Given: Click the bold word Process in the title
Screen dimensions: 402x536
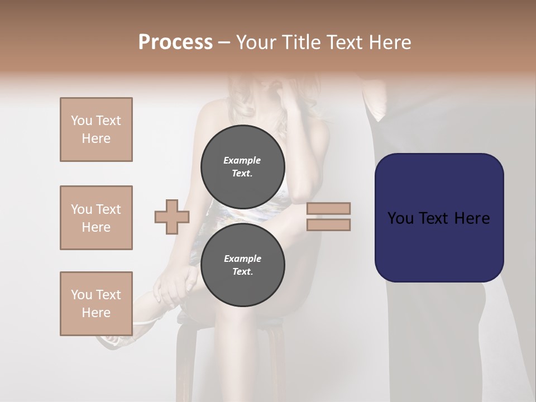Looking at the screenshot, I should [175, 42].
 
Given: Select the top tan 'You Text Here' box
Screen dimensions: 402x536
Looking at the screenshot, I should [96, 130].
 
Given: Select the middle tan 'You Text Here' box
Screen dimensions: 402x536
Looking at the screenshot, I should [96, 218].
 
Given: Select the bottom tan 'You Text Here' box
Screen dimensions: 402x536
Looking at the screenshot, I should [96, 303].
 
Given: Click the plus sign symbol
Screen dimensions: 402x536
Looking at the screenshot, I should [171, 217].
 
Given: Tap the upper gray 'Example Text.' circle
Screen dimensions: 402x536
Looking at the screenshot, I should [242, 166].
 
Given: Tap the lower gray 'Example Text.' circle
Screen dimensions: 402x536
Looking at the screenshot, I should [242, 265].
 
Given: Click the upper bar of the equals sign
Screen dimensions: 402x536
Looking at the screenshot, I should [328, 209].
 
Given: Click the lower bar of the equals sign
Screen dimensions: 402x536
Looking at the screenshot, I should [328, 225].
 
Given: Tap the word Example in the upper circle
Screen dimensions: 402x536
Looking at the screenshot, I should [242, 160].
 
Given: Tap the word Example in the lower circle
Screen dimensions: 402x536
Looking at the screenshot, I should [242, 259].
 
